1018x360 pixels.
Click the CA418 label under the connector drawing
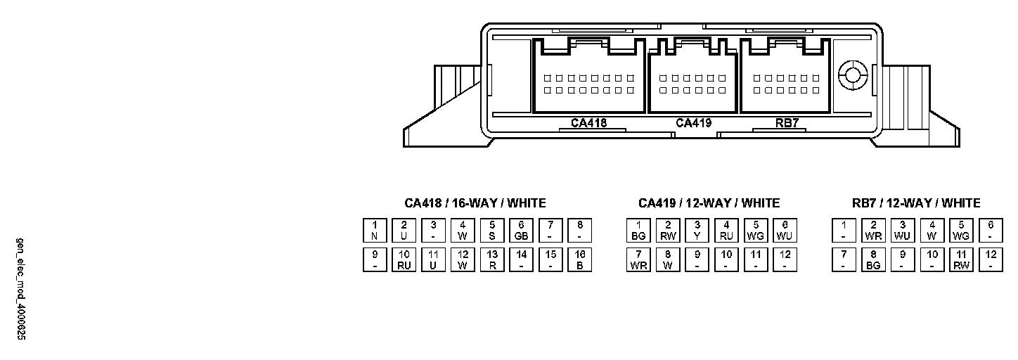tap(588, 123)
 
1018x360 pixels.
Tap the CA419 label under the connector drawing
tap(693, 123)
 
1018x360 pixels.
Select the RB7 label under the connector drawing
tap(787, 123)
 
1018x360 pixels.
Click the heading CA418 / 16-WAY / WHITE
tap(475, 203)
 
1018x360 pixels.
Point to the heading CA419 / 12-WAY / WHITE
tap(709, 203)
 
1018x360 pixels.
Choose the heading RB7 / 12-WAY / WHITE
tap(916, 203)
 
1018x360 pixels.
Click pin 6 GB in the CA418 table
tap(521, 231)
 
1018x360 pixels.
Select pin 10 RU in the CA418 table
tap(404, 260)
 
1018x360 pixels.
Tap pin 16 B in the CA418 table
tap(580, 260)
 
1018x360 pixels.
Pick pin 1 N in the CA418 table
tap(375, 231)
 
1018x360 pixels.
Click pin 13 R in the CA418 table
tap(492, 260)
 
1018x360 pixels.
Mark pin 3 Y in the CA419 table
tap(697, 231)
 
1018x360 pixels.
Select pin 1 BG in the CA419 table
tap(638, 231)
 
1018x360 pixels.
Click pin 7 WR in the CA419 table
tap(638, 260)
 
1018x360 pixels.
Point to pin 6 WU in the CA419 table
tap(785, 231)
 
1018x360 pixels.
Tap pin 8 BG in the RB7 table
tap(873, 260)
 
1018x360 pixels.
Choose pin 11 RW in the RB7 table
tap(961, 260)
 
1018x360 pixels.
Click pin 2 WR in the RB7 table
tap(873, 231)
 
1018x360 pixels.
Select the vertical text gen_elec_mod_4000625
tap(21, 289)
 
